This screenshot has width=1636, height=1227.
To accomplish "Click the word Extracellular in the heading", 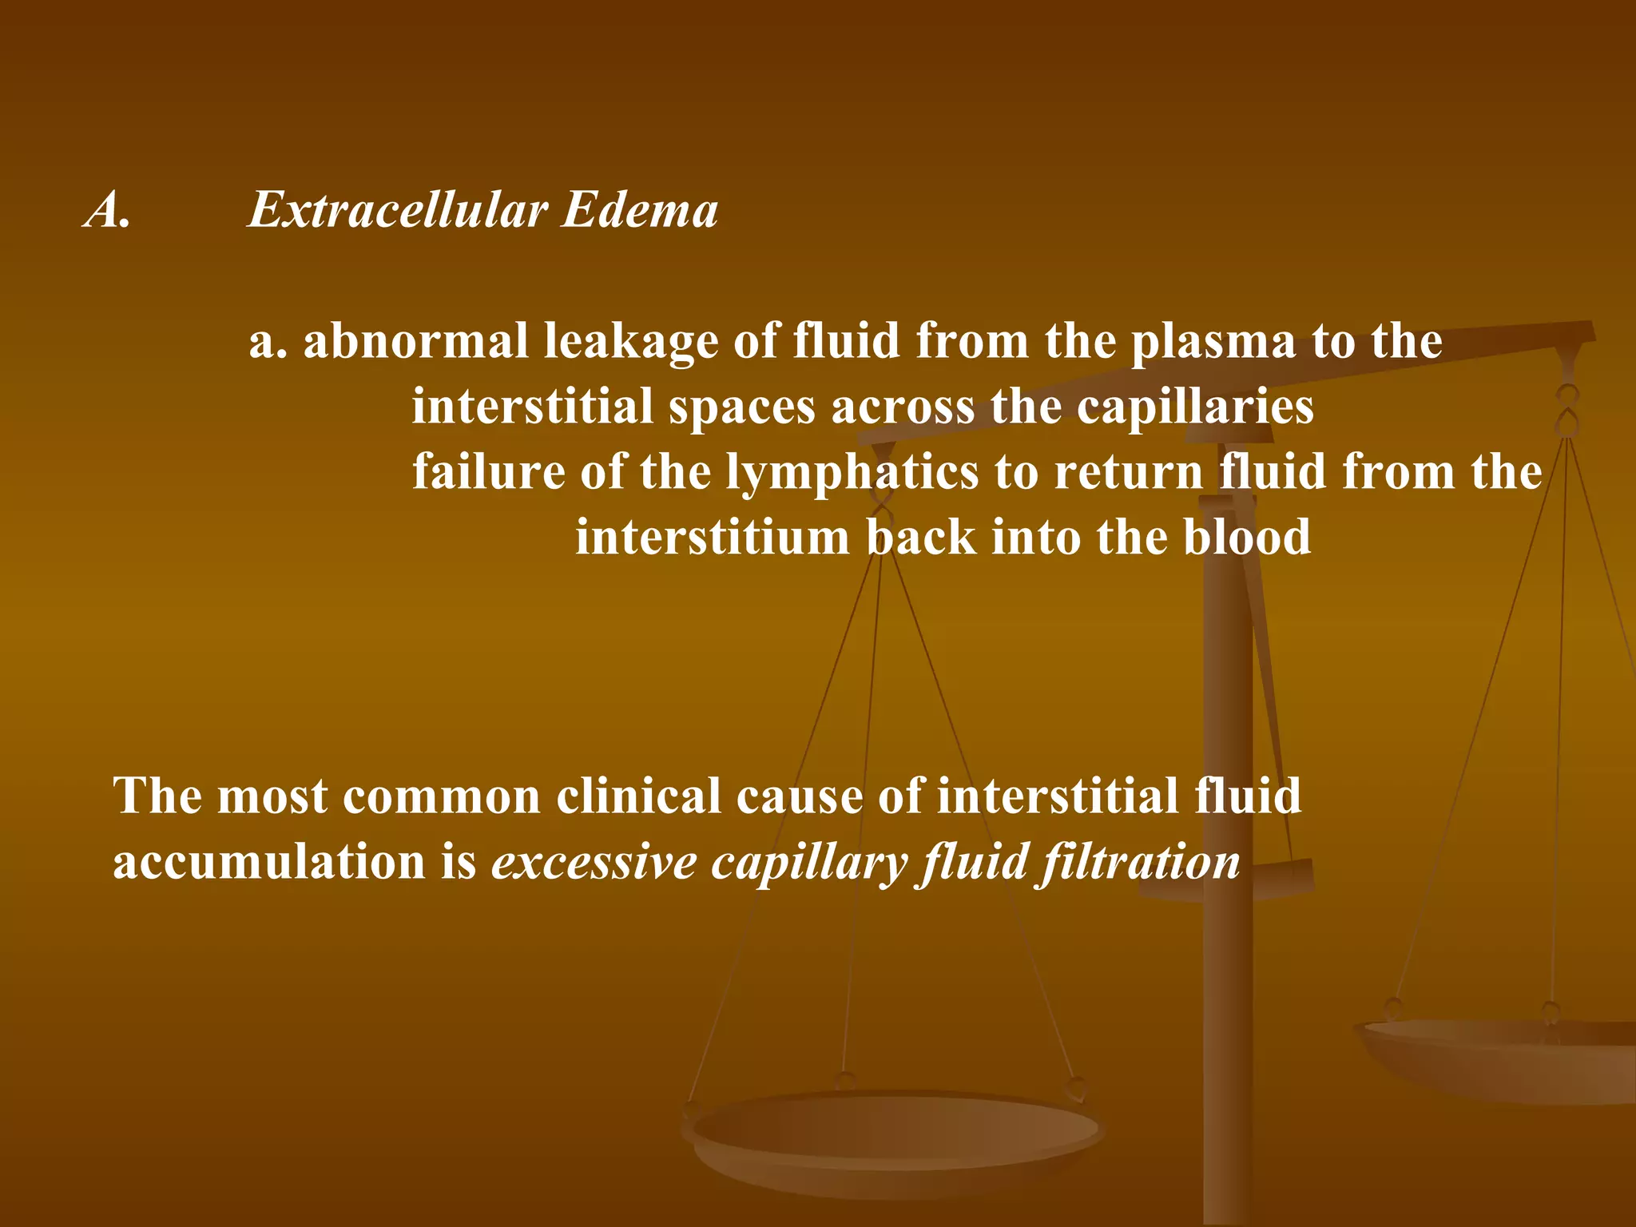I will [398, 210].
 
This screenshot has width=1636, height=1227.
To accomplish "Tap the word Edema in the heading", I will [639, 210].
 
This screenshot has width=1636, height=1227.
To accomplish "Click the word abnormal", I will [415, 341].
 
